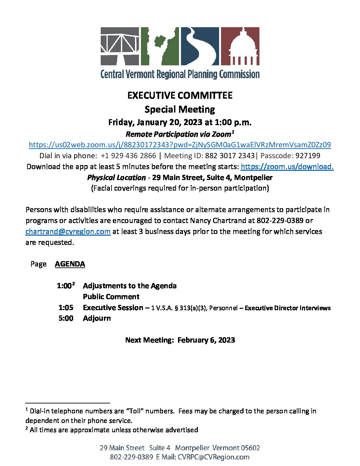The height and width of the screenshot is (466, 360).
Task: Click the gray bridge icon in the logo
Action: [x=120, y=46]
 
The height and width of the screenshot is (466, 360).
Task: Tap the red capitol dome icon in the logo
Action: [x=240, y=46]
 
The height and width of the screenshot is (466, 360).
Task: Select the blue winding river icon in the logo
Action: [x=200, y=46]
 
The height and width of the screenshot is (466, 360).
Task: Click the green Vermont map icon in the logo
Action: [x=160, y=46]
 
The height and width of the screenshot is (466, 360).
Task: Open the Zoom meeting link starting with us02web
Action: [x=180, y=145]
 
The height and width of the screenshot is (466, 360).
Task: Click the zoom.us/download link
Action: [x=287, y=166]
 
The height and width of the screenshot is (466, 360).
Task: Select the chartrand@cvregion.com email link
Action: [x=68, y=231]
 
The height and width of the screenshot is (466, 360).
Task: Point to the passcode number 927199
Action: [x=308, y=156]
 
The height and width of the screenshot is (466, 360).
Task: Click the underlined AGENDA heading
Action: [x=70, y=264]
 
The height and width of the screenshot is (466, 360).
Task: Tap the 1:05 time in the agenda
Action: [x=66, y=307]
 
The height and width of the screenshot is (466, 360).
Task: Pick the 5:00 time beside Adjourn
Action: [x=66, y=318]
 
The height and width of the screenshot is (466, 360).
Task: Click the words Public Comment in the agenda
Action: [x=111, y=297]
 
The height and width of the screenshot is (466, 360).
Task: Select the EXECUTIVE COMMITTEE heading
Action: [x=180, y=95]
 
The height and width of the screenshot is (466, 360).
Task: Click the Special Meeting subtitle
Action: [x=180, y=109]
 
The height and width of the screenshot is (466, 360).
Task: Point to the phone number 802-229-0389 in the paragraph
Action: [x=280, y=220]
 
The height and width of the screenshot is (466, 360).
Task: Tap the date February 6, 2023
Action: [x=206, y=340]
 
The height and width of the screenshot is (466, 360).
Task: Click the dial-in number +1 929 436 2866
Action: [x=128, y=156]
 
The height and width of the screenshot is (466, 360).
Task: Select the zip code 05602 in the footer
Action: [x=250, y=448]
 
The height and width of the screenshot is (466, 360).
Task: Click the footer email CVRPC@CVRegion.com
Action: [x=213, y=457]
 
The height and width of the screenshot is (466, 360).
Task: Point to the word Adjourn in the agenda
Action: [x=97, y=318]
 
